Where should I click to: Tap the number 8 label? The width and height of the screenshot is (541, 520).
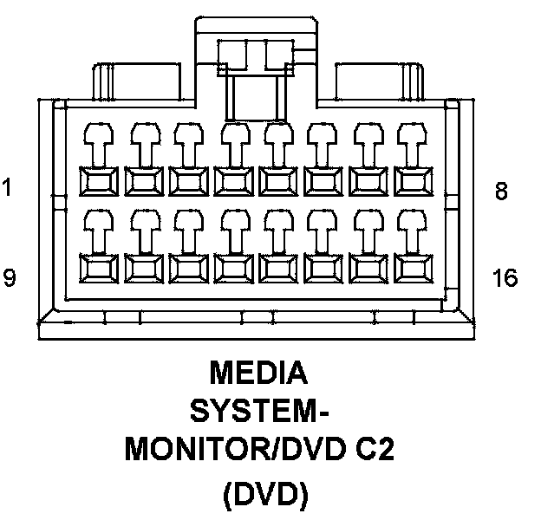[501, 192]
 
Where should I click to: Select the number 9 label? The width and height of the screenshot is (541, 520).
[9, 278]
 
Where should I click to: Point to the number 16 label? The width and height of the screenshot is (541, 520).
[504, 278]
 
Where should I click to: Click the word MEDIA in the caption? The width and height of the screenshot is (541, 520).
[258, 374]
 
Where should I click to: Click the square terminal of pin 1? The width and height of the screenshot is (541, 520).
[99, 181]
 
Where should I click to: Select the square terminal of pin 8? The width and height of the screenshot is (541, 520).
[414, 181]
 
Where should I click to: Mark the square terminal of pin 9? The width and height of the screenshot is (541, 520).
[99, 269]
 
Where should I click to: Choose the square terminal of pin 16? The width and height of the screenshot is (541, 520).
[414, 269]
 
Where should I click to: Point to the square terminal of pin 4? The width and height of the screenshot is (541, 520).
[234, 181]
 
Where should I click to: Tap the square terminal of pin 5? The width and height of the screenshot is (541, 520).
[279, 181]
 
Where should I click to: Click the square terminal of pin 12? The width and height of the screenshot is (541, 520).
[234, 269]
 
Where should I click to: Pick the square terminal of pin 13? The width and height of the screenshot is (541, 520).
[279, 269]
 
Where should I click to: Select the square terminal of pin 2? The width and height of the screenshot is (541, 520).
[144, 181]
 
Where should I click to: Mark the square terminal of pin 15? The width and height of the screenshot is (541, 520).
[369, 269]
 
